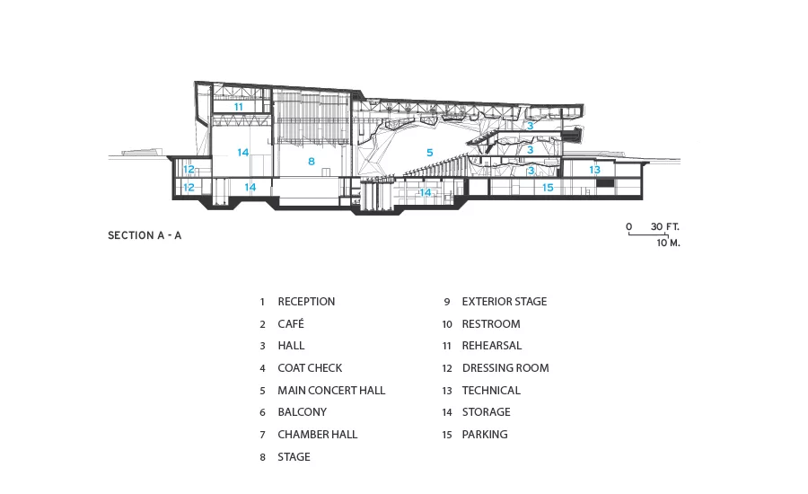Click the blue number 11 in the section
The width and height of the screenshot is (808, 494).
coord(238,107)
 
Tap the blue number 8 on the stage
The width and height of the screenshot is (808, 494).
coord(312,162)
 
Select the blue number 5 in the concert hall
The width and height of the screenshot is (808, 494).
coord(430,153)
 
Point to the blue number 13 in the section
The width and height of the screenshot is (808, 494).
coord(594,170)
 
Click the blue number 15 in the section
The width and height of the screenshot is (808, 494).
coord(548,188)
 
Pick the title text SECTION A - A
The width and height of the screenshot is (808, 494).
coord(145,235)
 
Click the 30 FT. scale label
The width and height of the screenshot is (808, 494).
coord(664,226)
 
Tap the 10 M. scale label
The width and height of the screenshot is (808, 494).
coord(668,243)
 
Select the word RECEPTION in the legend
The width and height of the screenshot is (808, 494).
coord(306,302)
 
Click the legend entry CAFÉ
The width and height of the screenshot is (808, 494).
coord(291,324)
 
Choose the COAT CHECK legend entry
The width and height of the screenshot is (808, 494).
coord(310,368)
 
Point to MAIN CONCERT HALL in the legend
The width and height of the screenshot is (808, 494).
coord(331,391)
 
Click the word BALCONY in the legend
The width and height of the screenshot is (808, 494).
coord(302,412)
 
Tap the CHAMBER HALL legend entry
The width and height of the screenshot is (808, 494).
coord(318,434)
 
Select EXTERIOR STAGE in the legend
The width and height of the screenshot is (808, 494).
coord(504,302)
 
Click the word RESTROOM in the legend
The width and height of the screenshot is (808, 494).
coord(490,324)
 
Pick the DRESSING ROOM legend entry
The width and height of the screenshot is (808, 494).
coord(505,368)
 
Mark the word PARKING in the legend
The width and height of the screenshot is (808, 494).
coord(485,434)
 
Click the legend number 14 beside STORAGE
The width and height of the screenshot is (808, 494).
coord(447,412)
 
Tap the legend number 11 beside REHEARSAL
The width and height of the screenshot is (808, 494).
coord(447,346)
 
